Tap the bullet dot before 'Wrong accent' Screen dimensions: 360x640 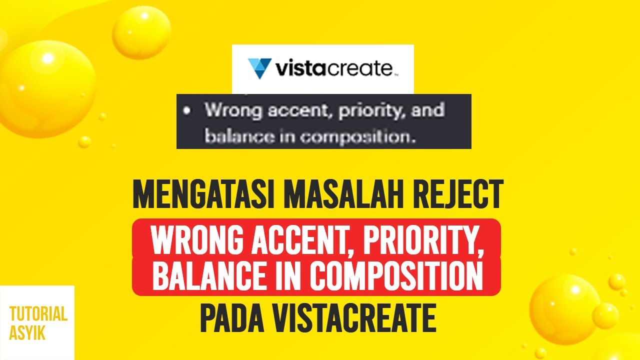(187, 111)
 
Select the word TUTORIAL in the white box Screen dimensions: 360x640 (38, 314)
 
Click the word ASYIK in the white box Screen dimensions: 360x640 (27, 332)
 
